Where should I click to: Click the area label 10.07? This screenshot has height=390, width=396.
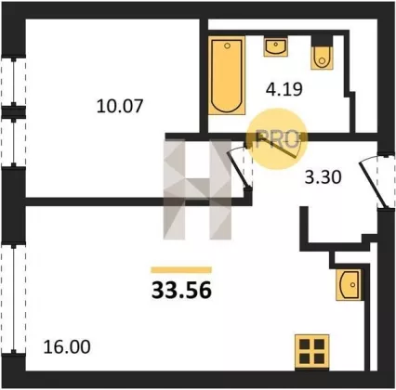coord(120,106)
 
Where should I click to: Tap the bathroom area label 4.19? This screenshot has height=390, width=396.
coord(284,89)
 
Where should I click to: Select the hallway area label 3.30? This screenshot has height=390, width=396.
coord(323,177)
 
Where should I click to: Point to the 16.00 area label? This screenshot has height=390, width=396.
coord(67,346)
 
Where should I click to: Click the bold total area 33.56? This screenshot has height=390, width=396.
coord(181,291)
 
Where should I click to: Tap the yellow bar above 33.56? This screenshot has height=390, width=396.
coord(181,270)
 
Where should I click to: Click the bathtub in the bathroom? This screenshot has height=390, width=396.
coord(227,75)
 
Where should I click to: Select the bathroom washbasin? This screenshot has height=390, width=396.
coord(275,46)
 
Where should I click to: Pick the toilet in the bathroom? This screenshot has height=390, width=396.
coord(323,58)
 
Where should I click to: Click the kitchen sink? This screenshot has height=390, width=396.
coord(349,285)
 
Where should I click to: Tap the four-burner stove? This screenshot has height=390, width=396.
coord(311,352)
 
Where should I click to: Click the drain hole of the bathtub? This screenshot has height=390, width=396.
coord(227,45)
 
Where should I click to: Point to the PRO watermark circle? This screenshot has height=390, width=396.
coord(276,139)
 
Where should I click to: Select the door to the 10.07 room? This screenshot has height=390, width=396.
coord(240,167)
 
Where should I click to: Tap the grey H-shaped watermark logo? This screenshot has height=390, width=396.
coord(197,189)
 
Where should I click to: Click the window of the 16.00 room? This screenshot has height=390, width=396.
coord(14,299)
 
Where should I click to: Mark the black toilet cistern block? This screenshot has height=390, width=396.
coord(323,41)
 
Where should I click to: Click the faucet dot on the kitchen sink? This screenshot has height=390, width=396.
coord(352,284)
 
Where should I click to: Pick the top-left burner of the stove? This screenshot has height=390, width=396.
coord(304,344)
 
